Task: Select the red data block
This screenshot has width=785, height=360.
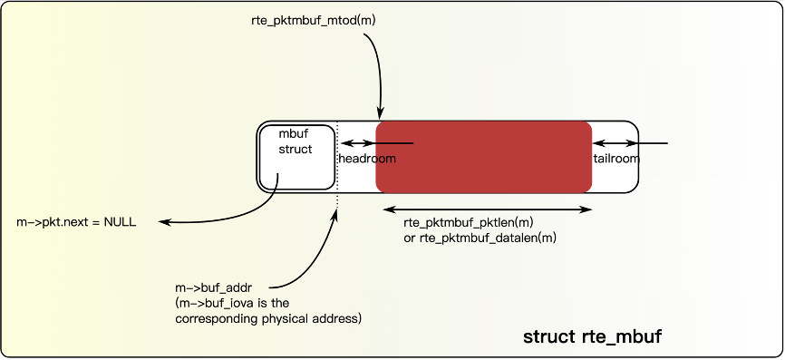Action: pos(483,157)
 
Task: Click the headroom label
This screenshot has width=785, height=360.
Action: pos(367,159)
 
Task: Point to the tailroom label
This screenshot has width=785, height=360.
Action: pos(617,159)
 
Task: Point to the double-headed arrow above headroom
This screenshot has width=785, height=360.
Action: pos(357,143)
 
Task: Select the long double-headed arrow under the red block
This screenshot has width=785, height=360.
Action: pos(487,209)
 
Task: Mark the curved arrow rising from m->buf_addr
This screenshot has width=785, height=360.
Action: pos(319,254)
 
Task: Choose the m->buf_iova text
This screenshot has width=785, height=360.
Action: pos(215,303)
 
